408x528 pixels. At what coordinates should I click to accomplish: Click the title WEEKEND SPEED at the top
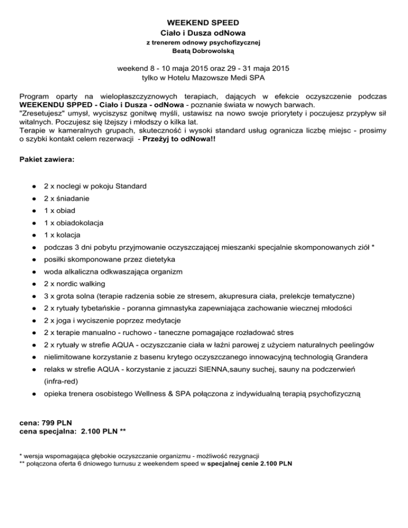coord(203,23)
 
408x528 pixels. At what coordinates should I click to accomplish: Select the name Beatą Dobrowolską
coord(203,52)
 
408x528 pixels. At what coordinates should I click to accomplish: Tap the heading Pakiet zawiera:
coord(47,159)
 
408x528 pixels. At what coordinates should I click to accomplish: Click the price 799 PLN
coord(57,423)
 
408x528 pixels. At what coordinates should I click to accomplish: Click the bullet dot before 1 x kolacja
coord(33,235)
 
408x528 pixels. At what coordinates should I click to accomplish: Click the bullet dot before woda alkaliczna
coord(33,271)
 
